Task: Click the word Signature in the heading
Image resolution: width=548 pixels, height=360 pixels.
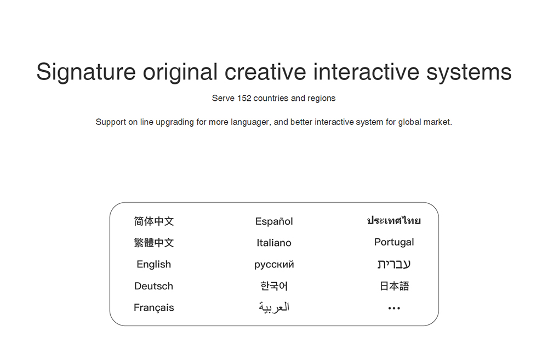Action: [x=86, y=72]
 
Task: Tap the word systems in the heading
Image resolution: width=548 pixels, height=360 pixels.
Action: [x=469, y=72]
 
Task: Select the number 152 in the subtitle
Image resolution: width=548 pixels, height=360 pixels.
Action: [x=244, y=98]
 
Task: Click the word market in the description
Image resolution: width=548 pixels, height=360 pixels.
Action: [x=437, y=122]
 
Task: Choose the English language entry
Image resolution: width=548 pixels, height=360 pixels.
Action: [x=154, y=264]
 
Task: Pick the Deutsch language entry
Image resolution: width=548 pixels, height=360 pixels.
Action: [x=154, y=286]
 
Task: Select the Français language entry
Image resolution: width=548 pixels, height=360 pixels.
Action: [x=154, y=307]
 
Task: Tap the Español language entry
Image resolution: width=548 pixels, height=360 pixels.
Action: [x=274, y=221]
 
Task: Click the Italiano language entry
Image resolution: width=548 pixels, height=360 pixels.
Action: [x=274, y=243]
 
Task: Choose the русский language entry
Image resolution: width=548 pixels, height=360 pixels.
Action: [x=274, y=265]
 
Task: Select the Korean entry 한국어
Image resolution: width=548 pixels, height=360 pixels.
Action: [x=274, y=286]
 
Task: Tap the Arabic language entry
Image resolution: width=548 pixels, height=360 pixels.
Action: [x=274, y=307]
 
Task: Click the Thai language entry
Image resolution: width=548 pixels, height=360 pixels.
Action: [x=394, y=220]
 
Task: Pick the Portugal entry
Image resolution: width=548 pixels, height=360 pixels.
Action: [x=394, y=242]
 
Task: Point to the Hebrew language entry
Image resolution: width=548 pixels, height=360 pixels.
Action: [x=394, y=264]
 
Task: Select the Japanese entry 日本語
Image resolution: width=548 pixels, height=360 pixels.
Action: [x=394, y=286]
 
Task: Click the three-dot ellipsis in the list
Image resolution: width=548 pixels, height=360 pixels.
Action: [x=394, y=308]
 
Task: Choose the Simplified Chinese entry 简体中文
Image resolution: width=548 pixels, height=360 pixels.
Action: [x=154, y=221]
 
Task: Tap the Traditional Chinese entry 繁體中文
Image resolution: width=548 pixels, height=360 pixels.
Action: [x=154, y=243]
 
